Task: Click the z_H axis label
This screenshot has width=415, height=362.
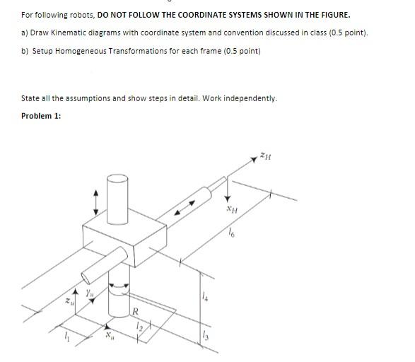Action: pos(265,158)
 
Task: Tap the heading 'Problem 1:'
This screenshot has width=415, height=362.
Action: pos(40,115)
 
